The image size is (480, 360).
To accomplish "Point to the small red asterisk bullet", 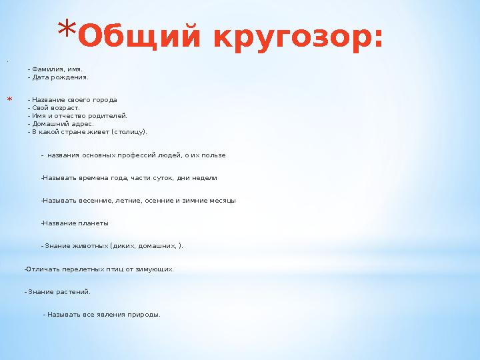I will pos(10,101).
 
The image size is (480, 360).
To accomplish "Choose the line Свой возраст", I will pos(55,107).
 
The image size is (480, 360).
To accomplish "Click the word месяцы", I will pos(223,201).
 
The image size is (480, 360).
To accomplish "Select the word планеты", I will pos(94,223).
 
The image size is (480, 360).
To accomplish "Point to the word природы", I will pos(144,315).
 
